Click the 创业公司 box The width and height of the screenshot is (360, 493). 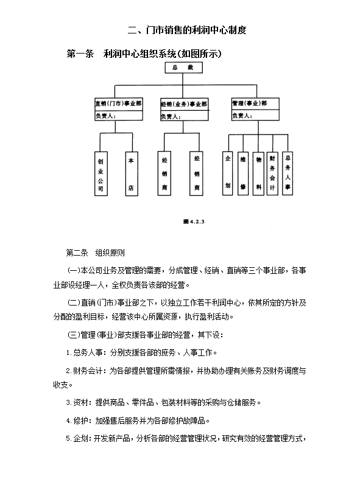(101, 173)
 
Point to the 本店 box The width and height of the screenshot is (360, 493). (130, 173)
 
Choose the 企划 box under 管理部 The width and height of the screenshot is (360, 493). (228, 172)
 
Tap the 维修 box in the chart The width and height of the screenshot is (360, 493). (243, 172)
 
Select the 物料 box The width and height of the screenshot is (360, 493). (258, 172)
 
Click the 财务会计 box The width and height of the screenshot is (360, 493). (273, 172)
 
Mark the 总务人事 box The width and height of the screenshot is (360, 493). (288, 172)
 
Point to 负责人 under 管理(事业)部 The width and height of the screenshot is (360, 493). (255, 114)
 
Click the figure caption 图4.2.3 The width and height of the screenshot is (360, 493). (193, 222)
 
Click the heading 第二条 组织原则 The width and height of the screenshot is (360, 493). (96, 253)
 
